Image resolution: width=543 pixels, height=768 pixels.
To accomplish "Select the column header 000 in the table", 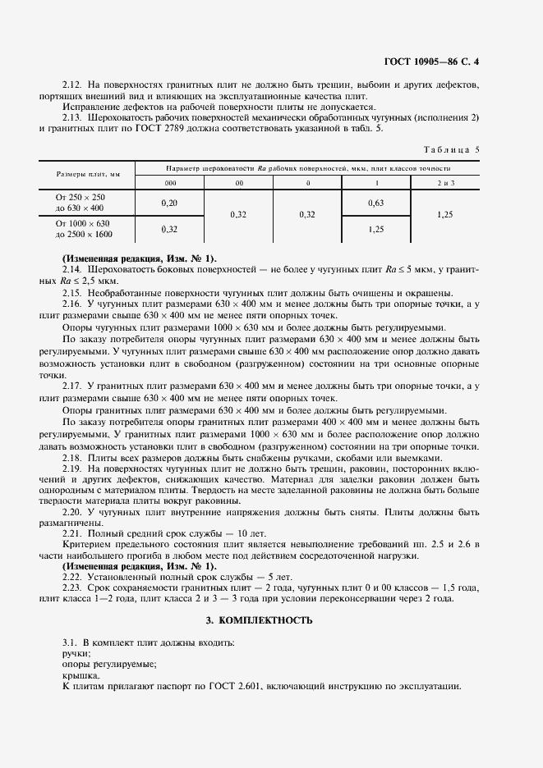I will pos(170,182).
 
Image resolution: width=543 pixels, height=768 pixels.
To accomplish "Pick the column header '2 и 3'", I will pos(445,182).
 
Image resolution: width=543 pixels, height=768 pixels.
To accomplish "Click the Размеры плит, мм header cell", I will pos(88,174).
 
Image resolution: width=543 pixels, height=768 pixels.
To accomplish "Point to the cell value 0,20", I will pos(170,202).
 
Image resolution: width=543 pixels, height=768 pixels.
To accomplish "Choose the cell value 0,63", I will pos(376,202).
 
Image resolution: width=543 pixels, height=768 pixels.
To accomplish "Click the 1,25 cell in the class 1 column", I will pos(376,229).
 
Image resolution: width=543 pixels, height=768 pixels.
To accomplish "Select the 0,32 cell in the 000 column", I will pos(170,229).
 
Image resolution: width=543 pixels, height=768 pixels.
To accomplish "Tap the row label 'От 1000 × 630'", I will pos(81,223).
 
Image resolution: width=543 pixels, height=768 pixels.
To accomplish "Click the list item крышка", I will pos(79,675).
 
